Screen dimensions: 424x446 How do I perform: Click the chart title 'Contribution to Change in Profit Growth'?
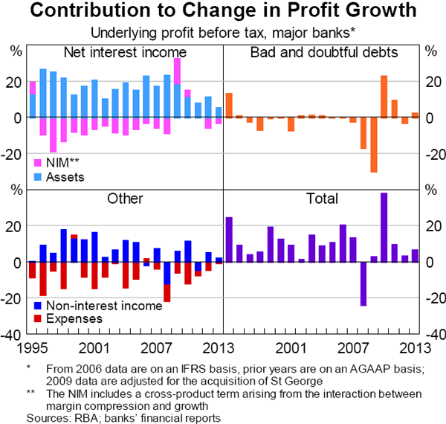point(223,12)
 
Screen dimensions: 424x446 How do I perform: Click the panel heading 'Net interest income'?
point(125,52)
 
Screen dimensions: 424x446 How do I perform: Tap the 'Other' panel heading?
point(125,199)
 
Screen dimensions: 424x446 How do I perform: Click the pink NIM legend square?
point(39,161)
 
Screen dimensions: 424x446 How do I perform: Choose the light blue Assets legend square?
point(39,177)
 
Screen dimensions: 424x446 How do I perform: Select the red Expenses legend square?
point(39,319)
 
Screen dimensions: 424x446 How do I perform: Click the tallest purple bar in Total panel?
point(384,227)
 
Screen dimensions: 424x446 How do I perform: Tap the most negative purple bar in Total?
point(363,283)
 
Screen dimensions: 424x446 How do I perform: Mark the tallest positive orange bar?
point(384,97)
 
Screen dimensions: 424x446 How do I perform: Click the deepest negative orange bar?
point(374,144)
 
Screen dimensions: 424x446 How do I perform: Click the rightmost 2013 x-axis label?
point(413,347)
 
